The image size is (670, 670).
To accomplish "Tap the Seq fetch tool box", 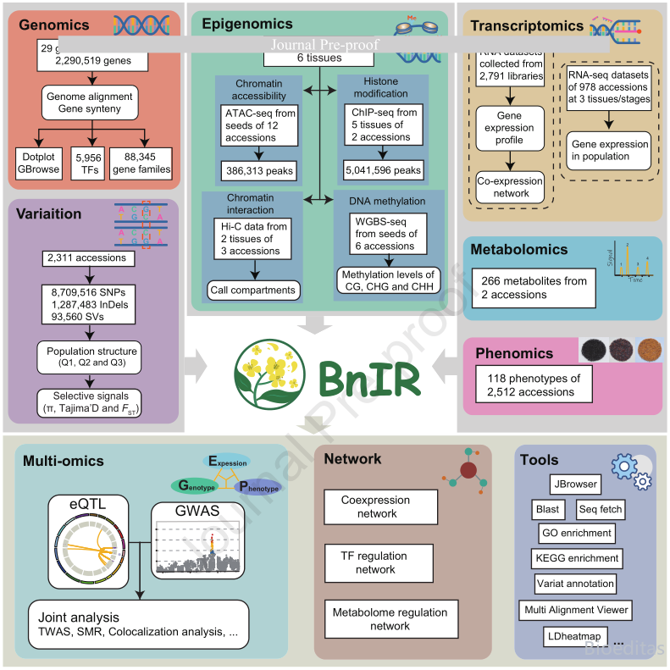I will tap(599, 509).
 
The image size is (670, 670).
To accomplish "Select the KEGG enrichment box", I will tap(576, 558).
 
